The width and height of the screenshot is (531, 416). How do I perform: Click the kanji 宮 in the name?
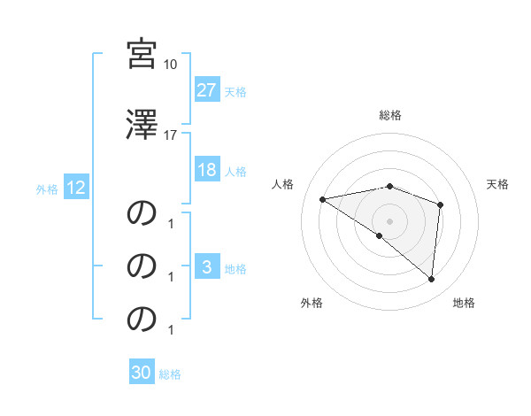click(142, 54)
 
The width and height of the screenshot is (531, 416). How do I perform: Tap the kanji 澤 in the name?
click(142, 125)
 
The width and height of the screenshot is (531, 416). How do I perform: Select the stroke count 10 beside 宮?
click(171, 65)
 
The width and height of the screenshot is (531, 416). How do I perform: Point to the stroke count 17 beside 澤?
click(171, 135)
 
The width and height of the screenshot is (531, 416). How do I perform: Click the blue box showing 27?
click(207, 90)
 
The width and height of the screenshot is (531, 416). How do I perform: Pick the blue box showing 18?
click(207, 171)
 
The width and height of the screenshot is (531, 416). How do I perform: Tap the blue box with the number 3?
click(207, 268)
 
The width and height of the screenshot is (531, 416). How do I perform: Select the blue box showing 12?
click(75, 188)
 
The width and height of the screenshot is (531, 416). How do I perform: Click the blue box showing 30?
click(142, 373)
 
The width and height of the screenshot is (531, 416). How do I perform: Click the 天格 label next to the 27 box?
click(235, 91)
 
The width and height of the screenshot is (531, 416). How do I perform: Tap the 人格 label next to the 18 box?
click(235, 172)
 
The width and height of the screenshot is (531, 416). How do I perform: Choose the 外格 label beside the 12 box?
click(47, 189)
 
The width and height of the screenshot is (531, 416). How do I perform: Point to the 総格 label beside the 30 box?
click(170, 374)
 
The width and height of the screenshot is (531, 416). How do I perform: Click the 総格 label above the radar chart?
click(389, 115)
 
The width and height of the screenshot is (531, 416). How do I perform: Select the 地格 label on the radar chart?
click(464, 303)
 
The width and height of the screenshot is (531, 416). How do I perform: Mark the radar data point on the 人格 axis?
click(323, 199)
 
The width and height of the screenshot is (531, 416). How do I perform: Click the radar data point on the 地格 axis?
click(431, 279)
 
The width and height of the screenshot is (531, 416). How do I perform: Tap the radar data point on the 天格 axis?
click(440, 204)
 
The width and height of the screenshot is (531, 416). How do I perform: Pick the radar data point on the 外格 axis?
click(380, 235)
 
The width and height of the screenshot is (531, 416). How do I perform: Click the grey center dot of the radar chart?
click(389, 220)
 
